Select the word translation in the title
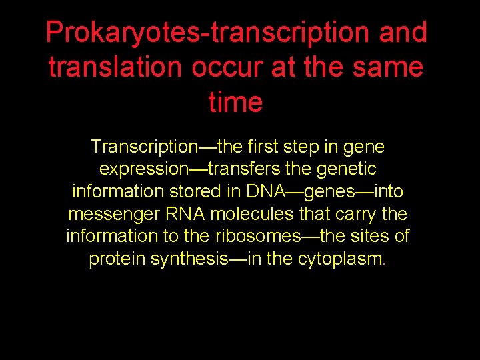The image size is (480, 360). (111, 67)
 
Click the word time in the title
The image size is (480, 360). (235, 103)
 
